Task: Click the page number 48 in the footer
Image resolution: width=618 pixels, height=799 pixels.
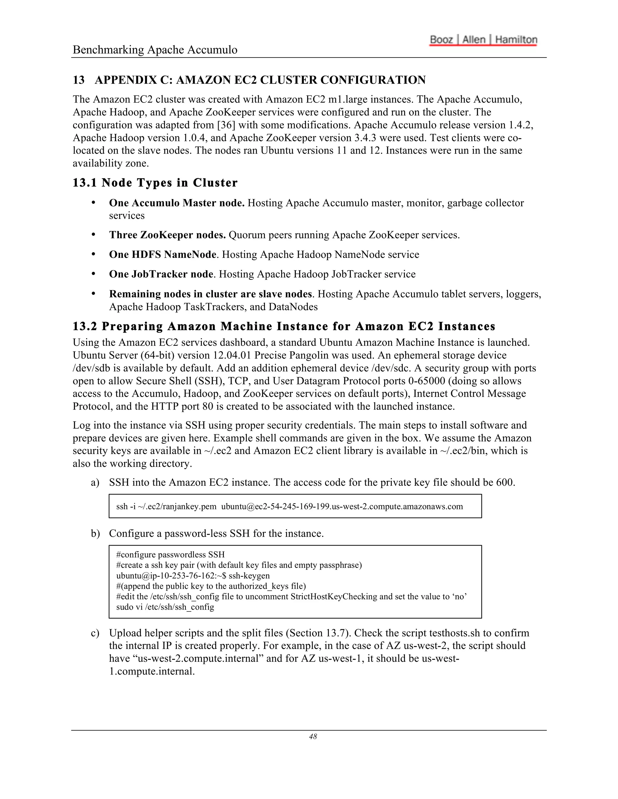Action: click(x=313, y=737)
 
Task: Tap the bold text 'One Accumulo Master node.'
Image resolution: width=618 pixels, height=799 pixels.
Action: click(x=177, y=203)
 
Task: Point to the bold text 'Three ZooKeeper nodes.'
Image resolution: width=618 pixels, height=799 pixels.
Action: click(x=167, y=235)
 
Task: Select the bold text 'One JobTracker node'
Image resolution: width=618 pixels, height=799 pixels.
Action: click(x=161, y=274)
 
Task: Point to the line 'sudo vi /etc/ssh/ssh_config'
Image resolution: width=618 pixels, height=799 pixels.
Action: click(x=165, y=607)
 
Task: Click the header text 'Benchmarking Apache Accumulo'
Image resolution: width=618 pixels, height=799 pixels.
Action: click(x=155, y=50)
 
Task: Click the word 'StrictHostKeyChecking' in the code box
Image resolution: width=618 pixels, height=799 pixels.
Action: click(x=333, y=596)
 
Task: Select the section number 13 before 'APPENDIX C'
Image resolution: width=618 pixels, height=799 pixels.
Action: click(x=78, y=80)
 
